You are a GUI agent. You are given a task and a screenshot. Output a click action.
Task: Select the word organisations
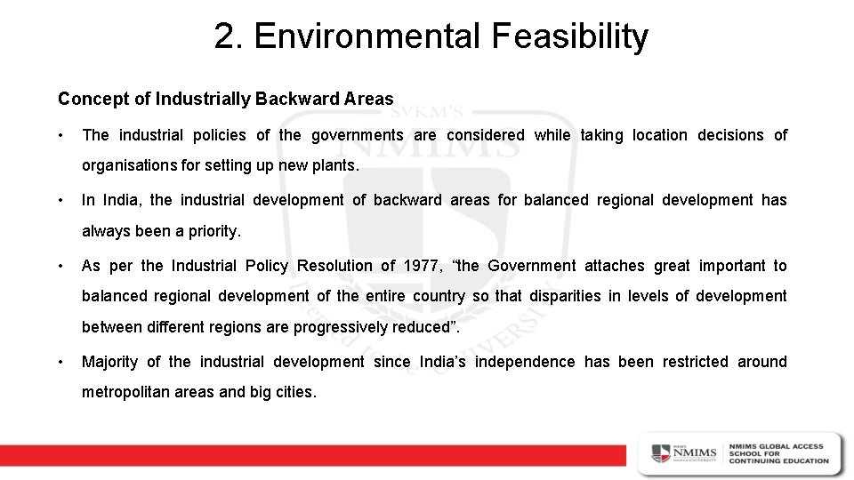click(129, 165)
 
